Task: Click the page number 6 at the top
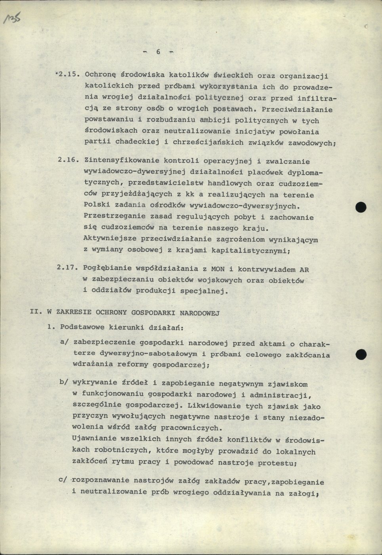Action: [x=158, y=52]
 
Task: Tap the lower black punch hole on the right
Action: [x=361, y=354]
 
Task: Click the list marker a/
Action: [x=65, y=342]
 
